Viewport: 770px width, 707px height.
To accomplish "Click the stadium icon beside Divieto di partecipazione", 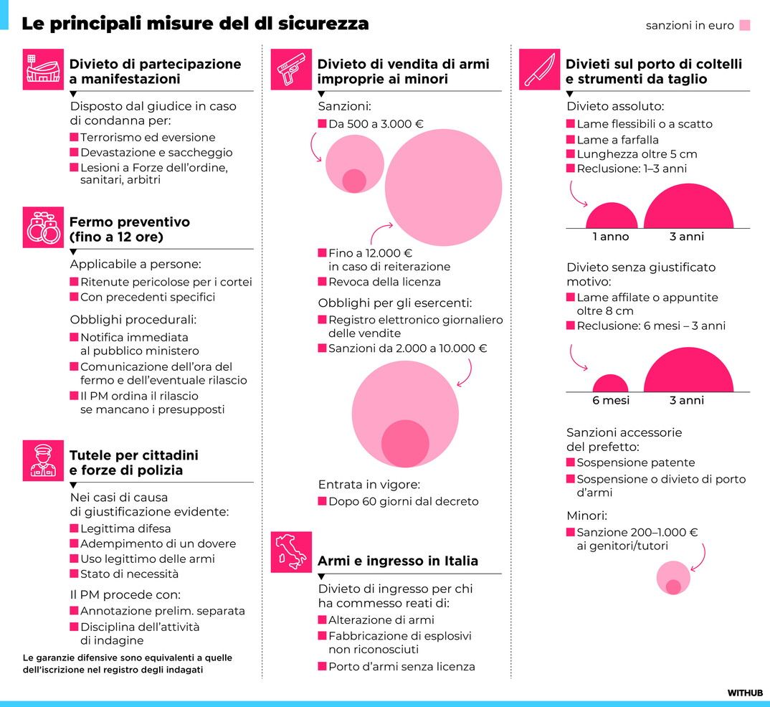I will [x=43, y=70].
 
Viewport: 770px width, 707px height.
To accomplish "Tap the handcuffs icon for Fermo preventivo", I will [x=43, y=227].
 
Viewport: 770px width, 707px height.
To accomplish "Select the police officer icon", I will [x=43, y=460].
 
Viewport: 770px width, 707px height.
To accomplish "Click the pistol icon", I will [x=291, y=70].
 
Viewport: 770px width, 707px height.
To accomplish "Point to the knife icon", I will [x=539, y=70].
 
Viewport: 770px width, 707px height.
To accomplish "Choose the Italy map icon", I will [x=291, y=552].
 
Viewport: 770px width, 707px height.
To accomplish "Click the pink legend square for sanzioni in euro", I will [x=745, y=26].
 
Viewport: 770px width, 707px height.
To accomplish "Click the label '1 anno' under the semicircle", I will [x=611, y=237].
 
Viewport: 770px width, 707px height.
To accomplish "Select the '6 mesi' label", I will [x=611, y=400].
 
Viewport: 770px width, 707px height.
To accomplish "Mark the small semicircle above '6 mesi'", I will [x=611, y=384].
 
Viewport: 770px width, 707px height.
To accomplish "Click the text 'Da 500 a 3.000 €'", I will [x=376, y=124].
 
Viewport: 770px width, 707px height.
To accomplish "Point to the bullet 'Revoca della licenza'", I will [x=384, y=282].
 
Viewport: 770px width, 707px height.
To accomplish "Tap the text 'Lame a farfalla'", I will [x=617, y=140].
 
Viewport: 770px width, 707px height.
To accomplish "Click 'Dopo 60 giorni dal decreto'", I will [x=403, y=502].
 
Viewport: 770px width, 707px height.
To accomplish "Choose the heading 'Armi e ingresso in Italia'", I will [x=397, y=561].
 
